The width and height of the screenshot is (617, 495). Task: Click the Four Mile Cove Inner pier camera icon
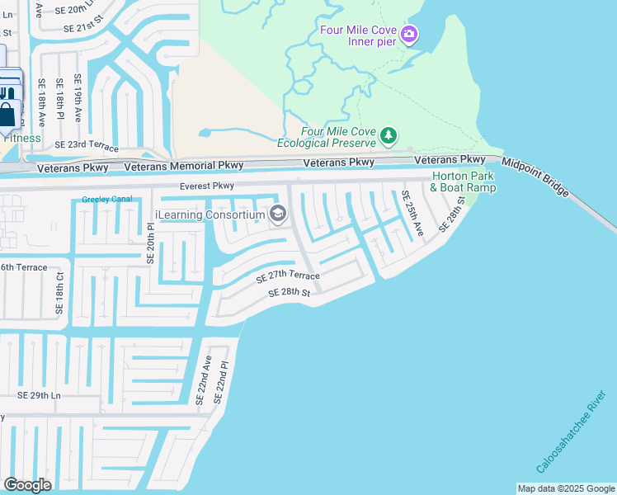tap(410, 35)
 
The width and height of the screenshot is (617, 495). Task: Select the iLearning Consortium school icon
tap(278, 215)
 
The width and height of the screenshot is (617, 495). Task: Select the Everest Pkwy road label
tap(208, 186)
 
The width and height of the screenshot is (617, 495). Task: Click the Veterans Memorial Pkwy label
tap(172, 167)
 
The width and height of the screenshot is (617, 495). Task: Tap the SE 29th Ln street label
tap(40, 396)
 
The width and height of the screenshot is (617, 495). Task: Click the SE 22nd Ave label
tap(203, 379)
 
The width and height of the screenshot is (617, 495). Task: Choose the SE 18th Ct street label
tap(59, 290)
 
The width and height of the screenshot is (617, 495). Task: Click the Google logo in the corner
tap(28, 484)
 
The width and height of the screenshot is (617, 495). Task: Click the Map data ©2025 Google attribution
tap(566, 488)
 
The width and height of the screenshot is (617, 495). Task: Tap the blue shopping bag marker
tap(8, 113)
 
